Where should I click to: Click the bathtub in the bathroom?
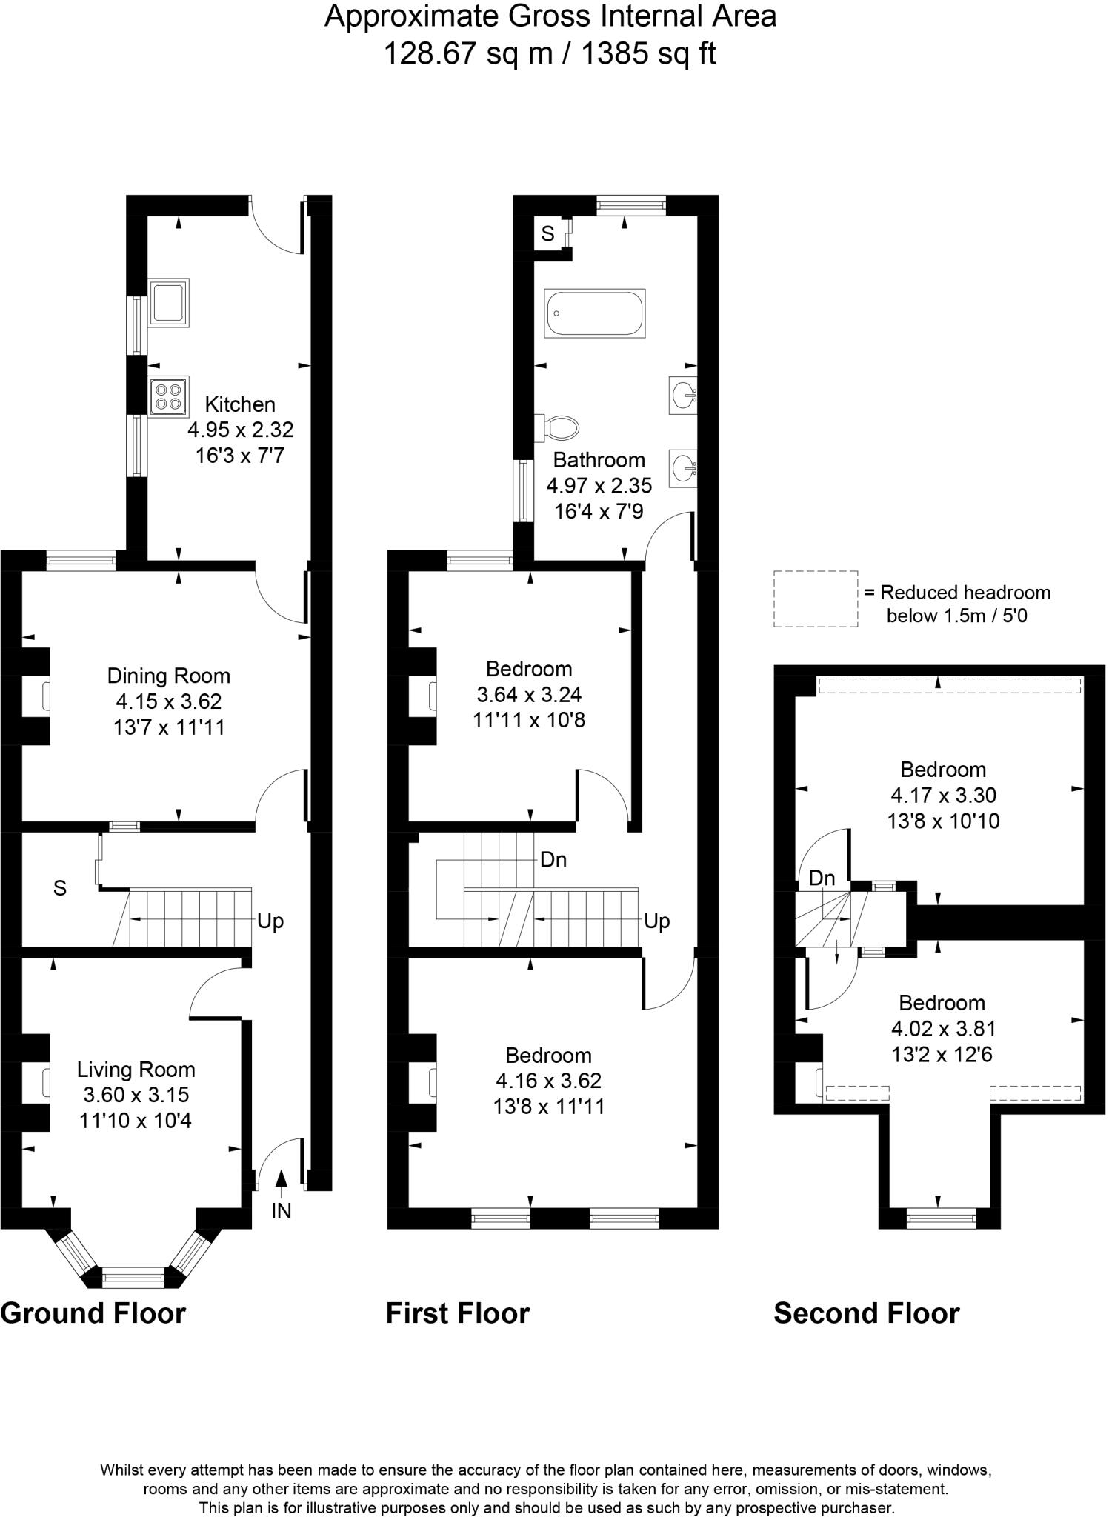pyautogui.click(x=595, y=314)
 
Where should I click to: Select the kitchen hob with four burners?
pyautogui.click(x=168, y=396)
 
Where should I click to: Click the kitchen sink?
pyautogui.click(x=168, y=302)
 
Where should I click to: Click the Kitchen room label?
pyautogui.click(x=240, y=404)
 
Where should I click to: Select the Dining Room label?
pyautogui.click(x=169, y=676)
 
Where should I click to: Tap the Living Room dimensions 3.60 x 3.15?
pyautogui.click(x=136, y=1095)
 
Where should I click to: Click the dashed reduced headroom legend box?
pyautogui.click(x=816, y=599)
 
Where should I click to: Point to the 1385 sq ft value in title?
pyautogui.click(x=647, y=54)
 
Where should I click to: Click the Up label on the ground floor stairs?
pyautogui.click(x=270, y=921)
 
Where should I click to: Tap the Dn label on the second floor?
pyautogui.click(x=822, y=878)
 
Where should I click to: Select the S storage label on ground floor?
pyautogui.click(x=60, y=888)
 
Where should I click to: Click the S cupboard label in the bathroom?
pyautogui.click(x=547, y=234)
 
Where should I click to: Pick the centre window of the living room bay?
pyautogui.click(x=133, y=1276)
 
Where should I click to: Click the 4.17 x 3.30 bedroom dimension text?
pyautogui.click(x=943, y=796)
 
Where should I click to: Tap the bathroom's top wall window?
pyautogui.click(x=630, y=205)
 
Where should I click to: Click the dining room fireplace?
pyautogui.click(x=46, y=697)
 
